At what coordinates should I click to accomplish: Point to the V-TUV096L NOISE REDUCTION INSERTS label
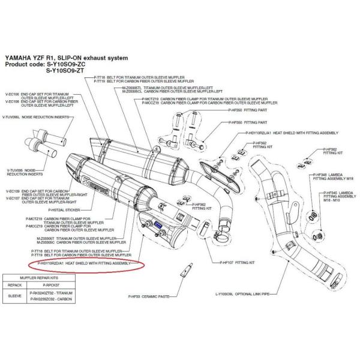25,117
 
